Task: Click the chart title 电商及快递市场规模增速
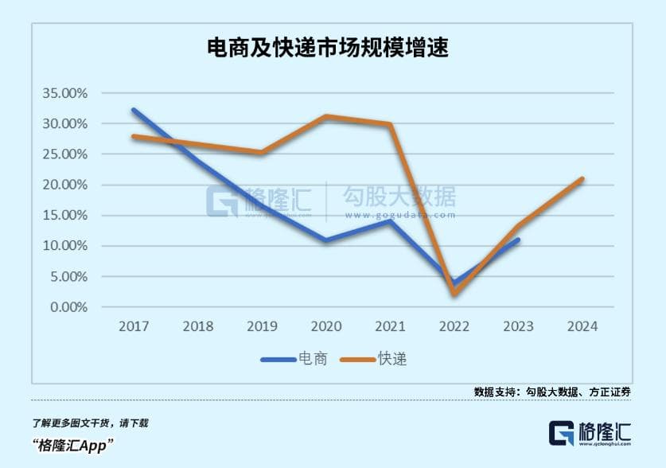pos(333,49)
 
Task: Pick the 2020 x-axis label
pos(325,326)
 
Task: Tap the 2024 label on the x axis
pos(582,326)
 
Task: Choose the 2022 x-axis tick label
pos(454,326)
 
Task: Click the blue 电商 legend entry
pos(294,359)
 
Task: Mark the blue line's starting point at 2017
pos(134,110)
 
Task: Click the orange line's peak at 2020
pos(325,117)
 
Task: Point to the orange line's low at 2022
pos(454,294)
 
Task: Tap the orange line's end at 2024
pos(582,179)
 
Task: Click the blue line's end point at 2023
pos(518,240)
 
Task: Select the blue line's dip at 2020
pos(325,240)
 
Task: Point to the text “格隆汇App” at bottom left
pos(72,445)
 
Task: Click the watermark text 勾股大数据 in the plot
pos(399,196)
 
